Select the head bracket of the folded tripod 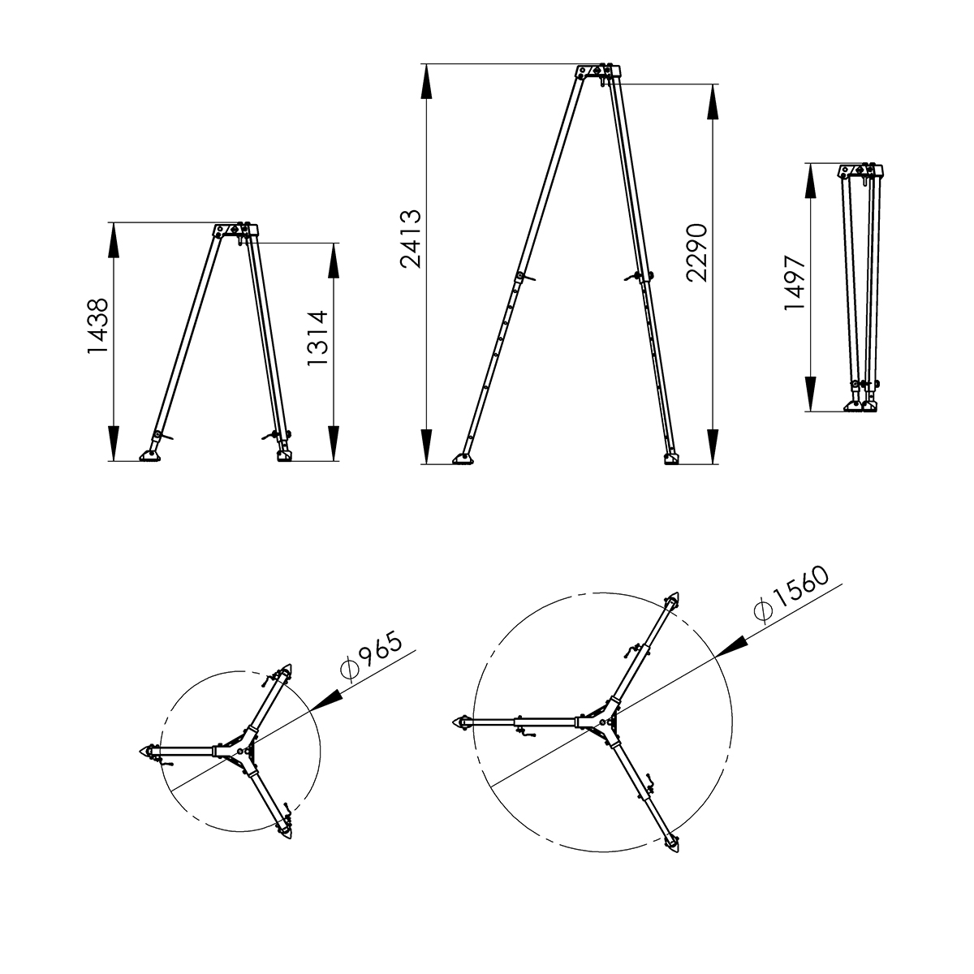860,171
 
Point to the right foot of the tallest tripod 671,459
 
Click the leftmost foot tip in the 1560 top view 459,722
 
